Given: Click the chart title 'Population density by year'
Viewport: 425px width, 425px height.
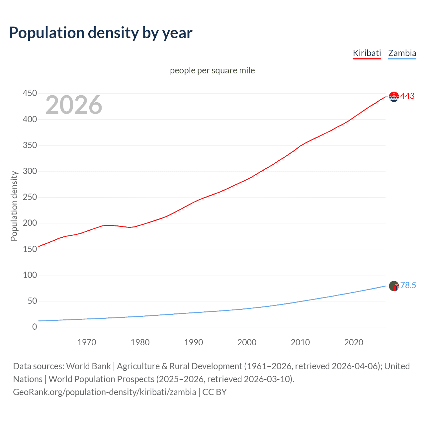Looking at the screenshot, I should (x=101, y=33).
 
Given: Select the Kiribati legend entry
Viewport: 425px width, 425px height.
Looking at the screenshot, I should (x=367, y=53).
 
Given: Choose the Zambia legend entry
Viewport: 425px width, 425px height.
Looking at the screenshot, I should (x=402, y=53).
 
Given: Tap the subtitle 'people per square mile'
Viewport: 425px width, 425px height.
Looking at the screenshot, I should (x=212, y=70).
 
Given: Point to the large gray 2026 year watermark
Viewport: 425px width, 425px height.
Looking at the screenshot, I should (x=74, y=105).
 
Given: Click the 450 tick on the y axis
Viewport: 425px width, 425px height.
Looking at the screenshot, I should (x=30, y=93).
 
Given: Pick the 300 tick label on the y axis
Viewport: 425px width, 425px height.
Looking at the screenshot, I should (x=30, y=171).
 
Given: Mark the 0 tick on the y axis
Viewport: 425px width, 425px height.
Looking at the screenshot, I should (x=35, y=327).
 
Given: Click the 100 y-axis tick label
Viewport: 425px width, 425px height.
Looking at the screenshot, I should (x=30, y=275).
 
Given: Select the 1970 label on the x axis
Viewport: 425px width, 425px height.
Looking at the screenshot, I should (x=87, y=342).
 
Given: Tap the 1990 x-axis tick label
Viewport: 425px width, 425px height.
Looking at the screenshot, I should (x=194, y=342).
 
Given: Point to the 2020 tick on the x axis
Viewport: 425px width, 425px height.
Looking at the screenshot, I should (x=354, y=342).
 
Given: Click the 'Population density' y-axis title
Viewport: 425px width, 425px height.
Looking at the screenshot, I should (x=14, y=206).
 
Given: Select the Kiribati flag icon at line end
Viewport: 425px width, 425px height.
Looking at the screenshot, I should (x=394, y=97).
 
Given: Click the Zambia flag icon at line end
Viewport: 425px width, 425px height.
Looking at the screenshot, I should (x=394, y=286).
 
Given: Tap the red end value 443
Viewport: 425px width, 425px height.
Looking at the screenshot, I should (x=407, y=96).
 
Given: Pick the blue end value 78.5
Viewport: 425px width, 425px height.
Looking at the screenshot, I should (x=408, y=286).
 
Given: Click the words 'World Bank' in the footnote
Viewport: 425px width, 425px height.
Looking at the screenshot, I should (x=88, y=366).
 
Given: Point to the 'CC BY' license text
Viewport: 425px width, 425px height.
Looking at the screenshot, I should (x=214, y=392).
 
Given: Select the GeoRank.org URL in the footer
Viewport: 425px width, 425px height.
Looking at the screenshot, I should (x=105, y=392).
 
